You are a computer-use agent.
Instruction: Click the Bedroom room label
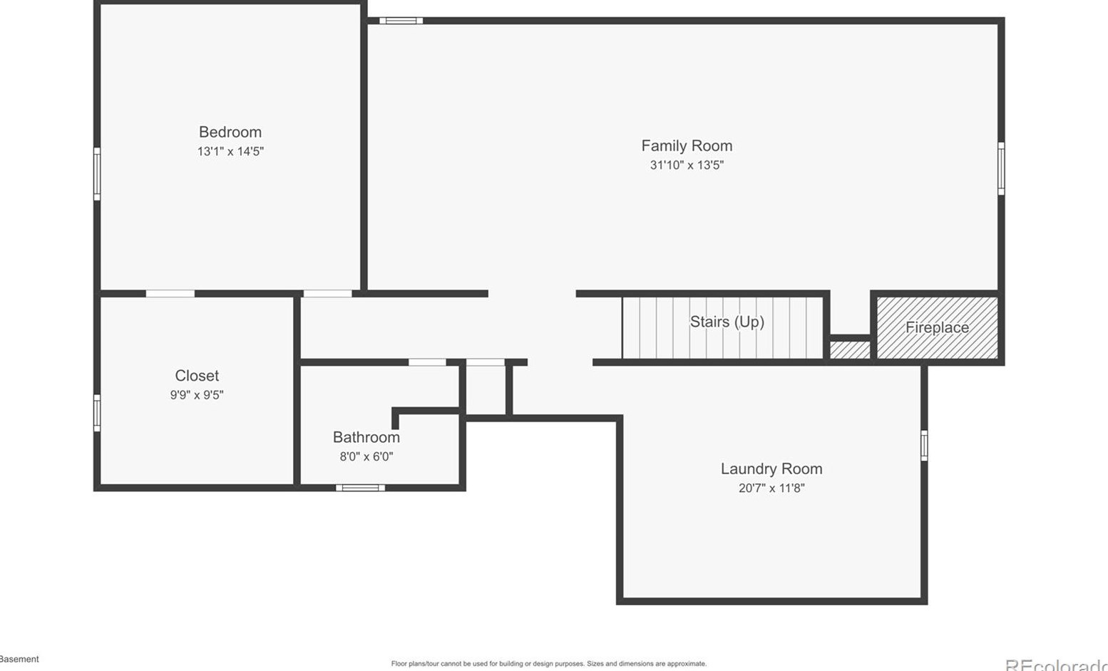[230, 132]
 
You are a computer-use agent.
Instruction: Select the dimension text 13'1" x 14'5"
[230, 151]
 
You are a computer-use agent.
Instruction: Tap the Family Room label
[686, 145]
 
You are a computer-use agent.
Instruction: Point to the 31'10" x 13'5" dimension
[686, 165]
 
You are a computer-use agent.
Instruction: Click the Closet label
[197, 376]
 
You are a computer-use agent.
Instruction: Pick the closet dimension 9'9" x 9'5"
[197, 395]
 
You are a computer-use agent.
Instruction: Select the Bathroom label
[366, 437]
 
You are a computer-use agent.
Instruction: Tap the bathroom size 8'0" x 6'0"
[366, 456]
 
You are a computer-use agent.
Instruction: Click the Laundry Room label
[771, 468]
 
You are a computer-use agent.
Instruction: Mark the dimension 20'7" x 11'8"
[771, 488]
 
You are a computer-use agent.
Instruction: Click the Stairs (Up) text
[727, 322]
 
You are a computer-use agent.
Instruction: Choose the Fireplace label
[936, 327]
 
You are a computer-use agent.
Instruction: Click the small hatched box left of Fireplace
[850, 350]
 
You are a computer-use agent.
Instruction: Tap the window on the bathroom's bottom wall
[360, 488]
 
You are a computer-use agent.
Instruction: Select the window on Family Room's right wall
[1000, 168]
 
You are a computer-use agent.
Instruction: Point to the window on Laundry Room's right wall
[923, 446]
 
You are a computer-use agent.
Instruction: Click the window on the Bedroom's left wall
[97, 174]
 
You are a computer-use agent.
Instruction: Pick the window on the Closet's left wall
[97, 413]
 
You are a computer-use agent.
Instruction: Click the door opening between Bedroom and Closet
[170, 294]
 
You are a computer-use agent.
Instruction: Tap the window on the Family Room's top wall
[401, 21]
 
